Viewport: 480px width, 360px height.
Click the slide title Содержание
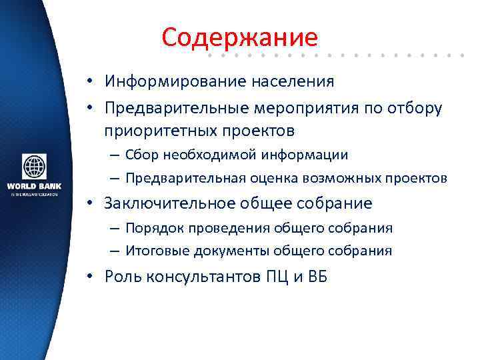tap(239, 37)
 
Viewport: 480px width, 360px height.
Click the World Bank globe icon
tap(34, 167)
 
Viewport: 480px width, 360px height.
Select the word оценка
tap(272, 179)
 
